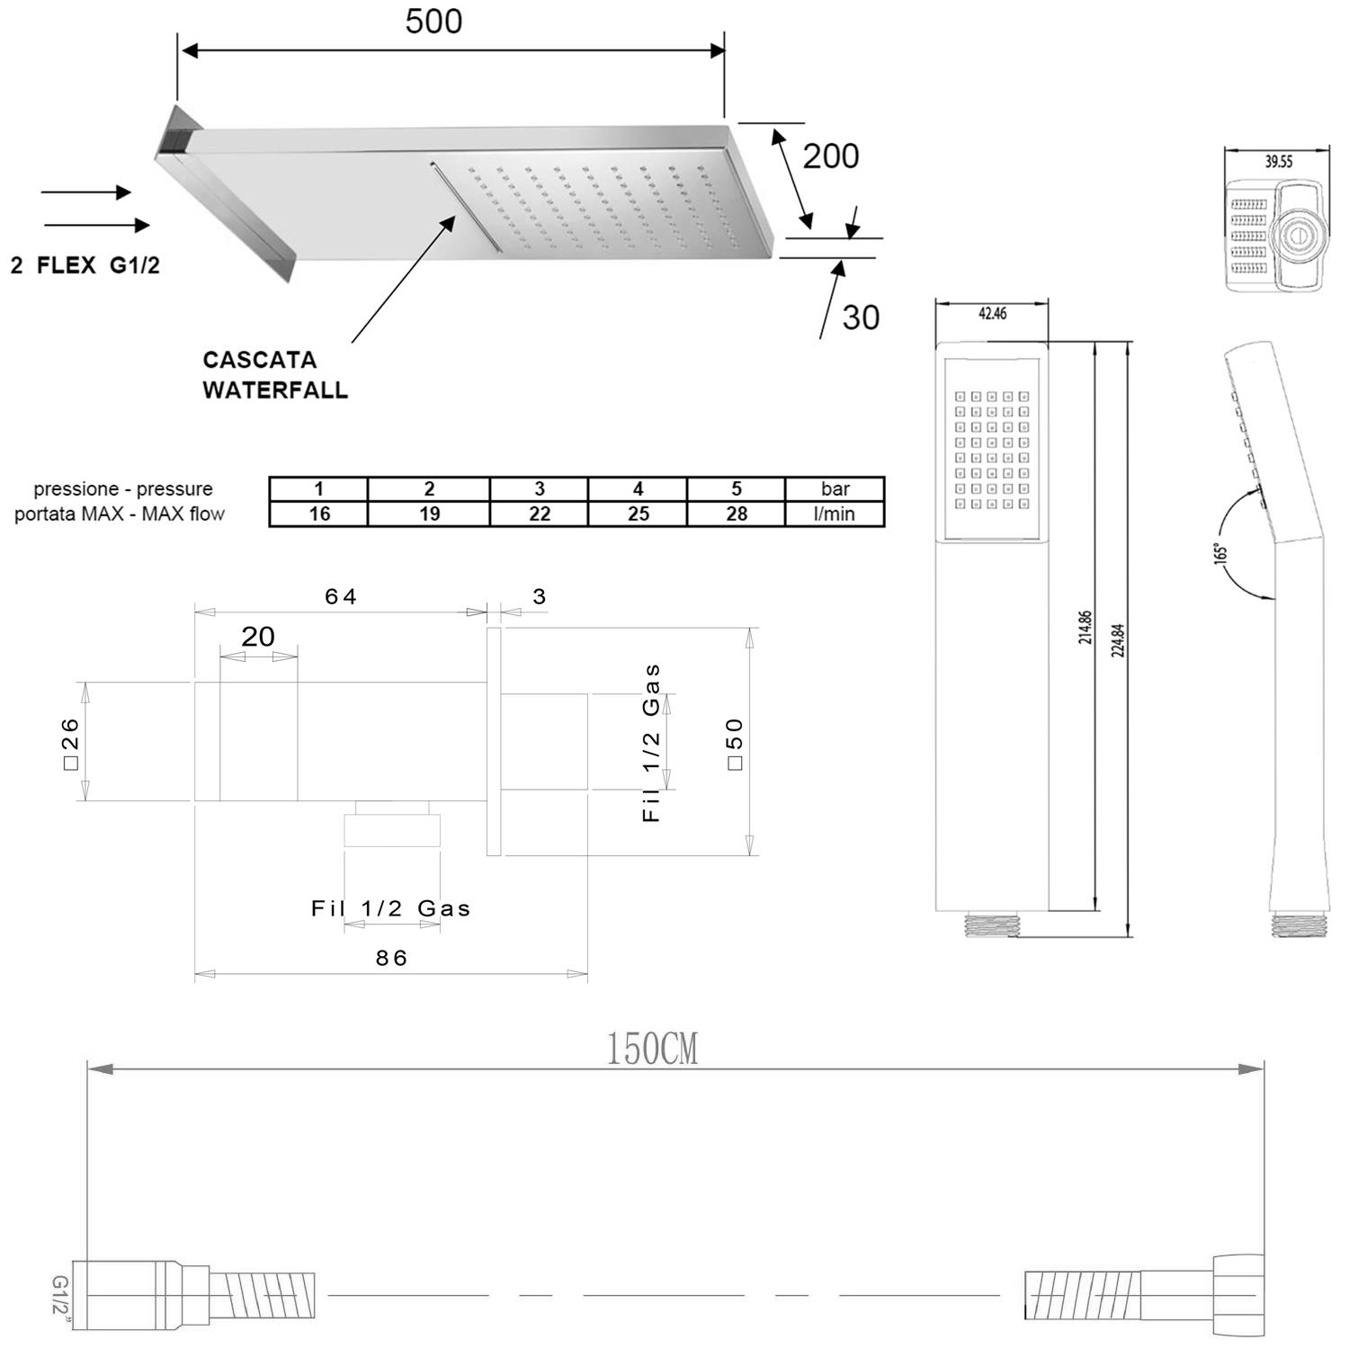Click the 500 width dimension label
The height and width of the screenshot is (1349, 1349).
point(433,22)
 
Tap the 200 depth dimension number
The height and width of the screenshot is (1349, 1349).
point(831,156)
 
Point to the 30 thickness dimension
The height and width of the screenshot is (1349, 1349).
point(861,317)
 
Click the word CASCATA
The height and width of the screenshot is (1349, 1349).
point(260,360)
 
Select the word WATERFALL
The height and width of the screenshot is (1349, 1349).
point(275,390)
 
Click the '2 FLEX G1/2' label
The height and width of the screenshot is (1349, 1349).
point(85,265)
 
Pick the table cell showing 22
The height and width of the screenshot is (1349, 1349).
point(540,514)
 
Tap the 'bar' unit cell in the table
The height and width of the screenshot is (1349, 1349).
point(835,488)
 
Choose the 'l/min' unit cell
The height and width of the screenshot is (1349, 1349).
point(835,514)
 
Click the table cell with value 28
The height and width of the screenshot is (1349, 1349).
point(737,514)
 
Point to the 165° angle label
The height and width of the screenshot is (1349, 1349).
point(1220,551)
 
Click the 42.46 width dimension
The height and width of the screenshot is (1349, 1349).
point(992,313)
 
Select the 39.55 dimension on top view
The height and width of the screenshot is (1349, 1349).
point(1278,162)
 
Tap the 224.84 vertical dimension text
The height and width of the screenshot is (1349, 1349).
point(1119,640)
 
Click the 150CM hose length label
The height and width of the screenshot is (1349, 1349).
point(652,1049)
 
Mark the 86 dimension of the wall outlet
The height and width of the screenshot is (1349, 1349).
point(391,958)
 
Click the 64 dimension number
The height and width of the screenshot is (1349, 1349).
point(341,596)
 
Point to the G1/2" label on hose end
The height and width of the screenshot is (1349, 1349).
point(60,1294)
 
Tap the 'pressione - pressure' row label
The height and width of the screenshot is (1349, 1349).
point(123,489)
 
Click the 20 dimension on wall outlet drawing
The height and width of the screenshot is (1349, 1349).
point(258,637)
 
